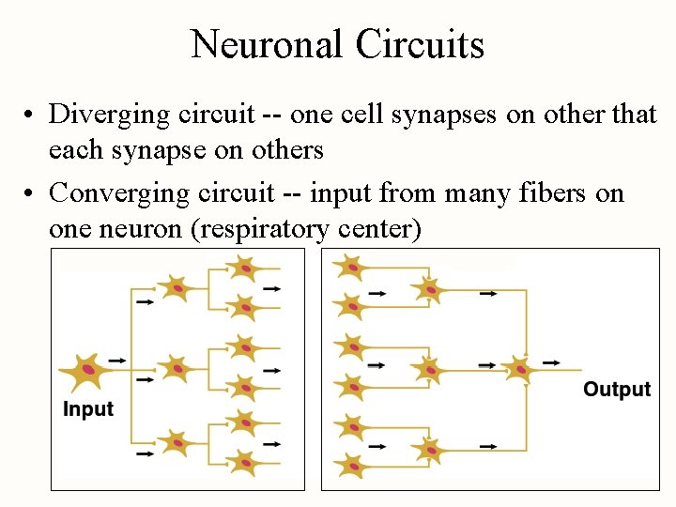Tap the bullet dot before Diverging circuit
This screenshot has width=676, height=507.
click(31, 115)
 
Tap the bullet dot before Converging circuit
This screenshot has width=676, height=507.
click(31, 194)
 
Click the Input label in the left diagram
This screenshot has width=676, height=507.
click(88, 409)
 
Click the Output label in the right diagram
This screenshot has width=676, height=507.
click(617, 390)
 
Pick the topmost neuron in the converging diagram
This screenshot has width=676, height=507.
click(350, 268)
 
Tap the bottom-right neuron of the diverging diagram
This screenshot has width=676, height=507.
click(243, 462)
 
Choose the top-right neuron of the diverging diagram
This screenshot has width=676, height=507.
click(243, 268)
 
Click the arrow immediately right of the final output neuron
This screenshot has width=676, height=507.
click(552, 361)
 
